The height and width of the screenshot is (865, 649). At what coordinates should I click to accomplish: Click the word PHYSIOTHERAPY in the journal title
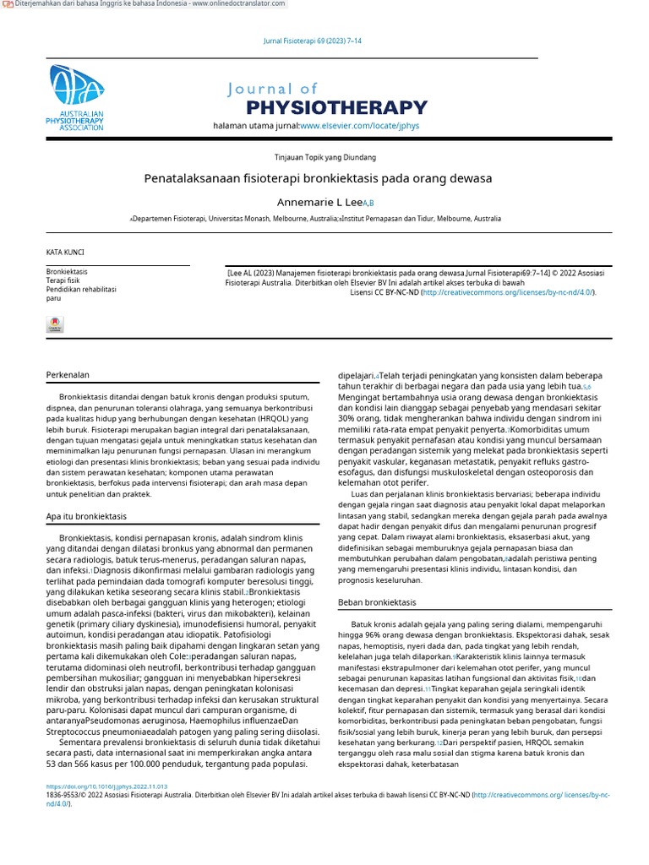[336, 107]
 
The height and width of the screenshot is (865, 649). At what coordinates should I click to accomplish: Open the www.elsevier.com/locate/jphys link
[359, 126]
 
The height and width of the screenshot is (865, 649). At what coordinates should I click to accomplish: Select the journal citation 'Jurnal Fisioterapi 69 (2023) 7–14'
[314, 41]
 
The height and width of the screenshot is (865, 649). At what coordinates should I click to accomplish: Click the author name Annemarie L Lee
[320, 203]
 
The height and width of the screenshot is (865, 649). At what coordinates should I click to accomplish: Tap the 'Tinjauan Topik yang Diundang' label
[325, 157]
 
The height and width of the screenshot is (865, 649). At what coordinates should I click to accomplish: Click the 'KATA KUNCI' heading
[64, 253]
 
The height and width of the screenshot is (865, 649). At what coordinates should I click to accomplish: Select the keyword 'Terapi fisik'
[63, 280]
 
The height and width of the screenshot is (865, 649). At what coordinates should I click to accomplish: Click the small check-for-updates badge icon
[54, 324]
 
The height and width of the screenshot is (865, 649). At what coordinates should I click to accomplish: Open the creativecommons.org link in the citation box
[508, 292]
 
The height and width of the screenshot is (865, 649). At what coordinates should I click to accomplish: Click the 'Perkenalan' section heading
[67, 374]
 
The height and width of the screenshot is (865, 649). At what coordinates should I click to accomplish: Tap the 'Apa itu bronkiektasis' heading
[85, 516]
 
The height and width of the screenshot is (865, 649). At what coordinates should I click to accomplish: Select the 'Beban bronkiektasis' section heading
[376, 602]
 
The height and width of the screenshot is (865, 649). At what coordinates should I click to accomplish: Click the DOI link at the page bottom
[106, 786]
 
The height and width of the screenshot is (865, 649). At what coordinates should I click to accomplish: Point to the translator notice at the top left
[144, 4]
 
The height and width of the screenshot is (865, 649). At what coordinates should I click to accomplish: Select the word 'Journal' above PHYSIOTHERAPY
[272, 89]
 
